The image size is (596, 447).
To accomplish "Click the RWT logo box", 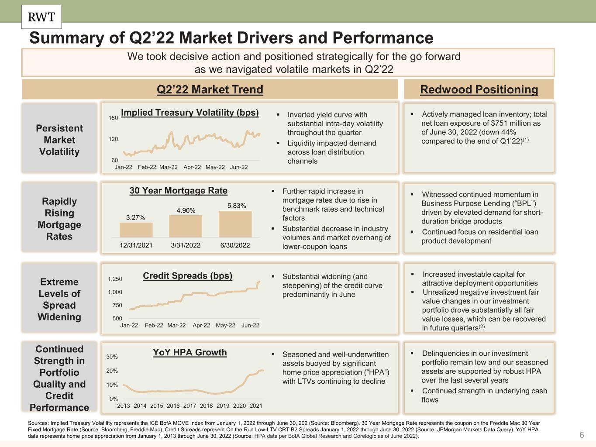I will pos(41,17).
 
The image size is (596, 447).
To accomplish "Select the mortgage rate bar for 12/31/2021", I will pos(136,230).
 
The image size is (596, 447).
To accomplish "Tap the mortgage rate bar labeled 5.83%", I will pos(235,224).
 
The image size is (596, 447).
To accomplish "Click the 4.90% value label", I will pos(186,210).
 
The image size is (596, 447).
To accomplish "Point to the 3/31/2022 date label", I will pos(186,245).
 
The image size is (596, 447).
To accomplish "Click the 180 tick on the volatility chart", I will pos(113,118).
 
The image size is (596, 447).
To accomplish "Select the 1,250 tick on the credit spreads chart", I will pos(115,279).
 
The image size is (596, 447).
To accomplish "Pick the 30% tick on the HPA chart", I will pos(112,357).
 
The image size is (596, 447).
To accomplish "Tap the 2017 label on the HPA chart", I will pos(189,406).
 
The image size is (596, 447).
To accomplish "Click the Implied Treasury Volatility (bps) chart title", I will pos(189,113).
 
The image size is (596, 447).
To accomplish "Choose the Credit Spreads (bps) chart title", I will pos(187,276).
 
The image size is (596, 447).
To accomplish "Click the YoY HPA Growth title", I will pos(189,352).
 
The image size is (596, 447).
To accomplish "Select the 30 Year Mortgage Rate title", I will pos(178,191).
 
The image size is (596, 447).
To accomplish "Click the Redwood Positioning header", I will pos(479,89).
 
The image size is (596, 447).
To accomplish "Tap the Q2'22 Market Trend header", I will pos(210,89).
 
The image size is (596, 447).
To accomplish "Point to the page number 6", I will pos(581,435).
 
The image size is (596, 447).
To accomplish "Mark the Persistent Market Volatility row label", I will pos(59,140).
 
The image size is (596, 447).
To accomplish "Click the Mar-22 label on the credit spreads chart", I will pos(176,325).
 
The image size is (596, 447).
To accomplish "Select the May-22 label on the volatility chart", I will pos(215,167).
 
